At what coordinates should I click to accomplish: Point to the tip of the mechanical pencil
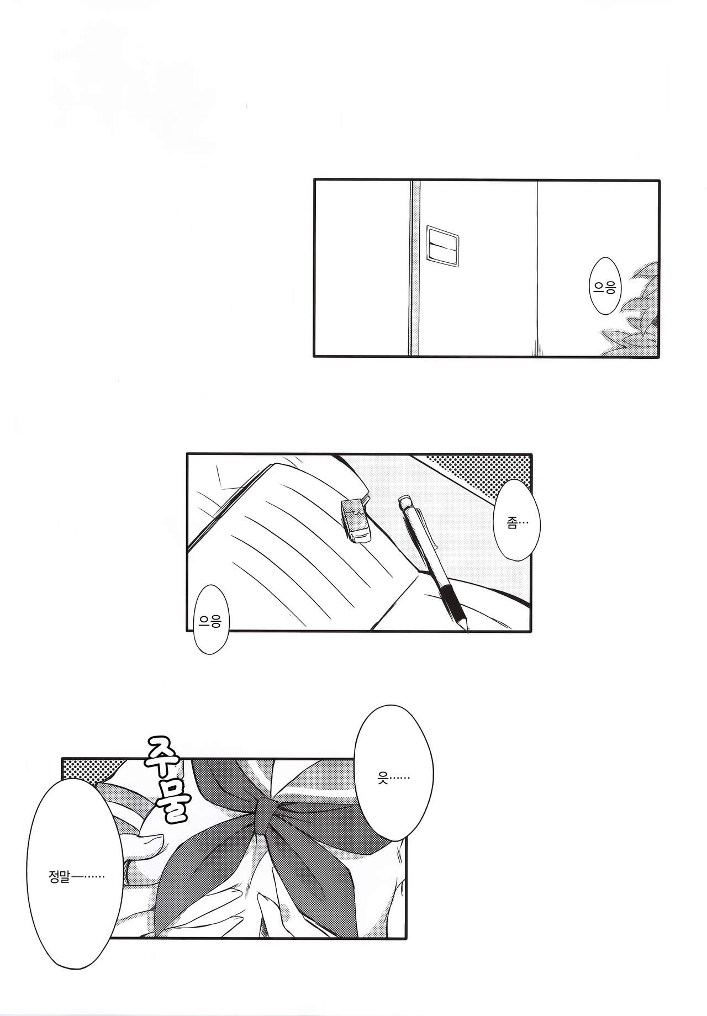point(468,631)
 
